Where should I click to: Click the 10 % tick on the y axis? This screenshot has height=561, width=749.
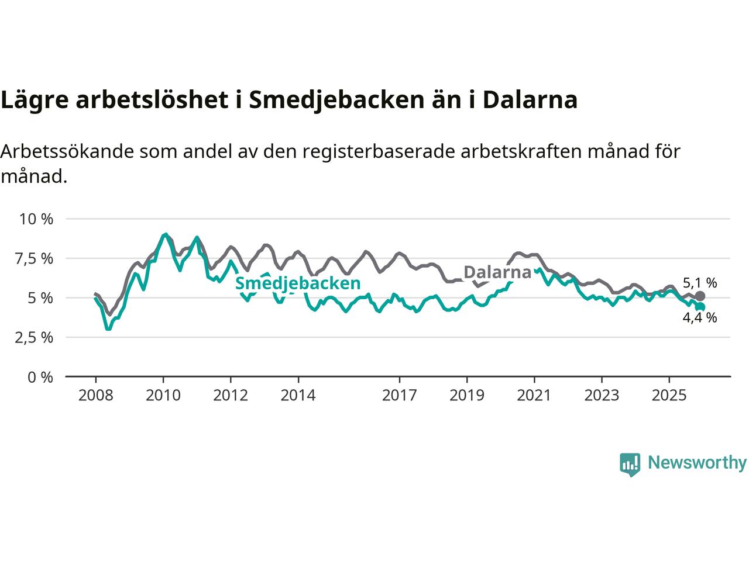point(36,219)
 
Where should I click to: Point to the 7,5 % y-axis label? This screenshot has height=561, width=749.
point(36,258)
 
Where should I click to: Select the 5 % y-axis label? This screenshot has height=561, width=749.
point(41,298)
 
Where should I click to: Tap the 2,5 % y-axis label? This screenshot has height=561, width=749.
point(36,338)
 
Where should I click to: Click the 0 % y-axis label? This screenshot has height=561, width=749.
point(41,377)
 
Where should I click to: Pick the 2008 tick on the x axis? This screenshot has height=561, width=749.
point(95,396)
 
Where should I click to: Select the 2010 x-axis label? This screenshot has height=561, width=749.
point(163,396)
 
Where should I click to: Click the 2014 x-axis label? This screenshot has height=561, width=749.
point(298,396)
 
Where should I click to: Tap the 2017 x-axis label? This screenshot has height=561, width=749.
point(400,396)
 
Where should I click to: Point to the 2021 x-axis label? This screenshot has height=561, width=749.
point(534,396)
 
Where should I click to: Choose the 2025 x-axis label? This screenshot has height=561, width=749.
point(669,396)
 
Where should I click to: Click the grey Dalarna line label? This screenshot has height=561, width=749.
point(497,272)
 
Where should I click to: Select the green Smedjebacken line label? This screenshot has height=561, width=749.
point(297,283)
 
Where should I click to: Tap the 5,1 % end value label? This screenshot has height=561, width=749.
point(700,283)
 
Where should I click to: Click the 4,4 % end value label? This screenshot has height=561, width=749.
point(700,318)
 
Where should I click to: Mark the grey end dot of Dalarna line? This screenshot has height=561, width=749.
point(700,296)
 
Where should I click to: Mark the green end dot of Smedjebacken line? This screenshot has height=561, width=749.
point(700,307)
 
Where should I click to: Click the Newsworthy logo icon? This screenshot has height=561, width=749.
point(630,464)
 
